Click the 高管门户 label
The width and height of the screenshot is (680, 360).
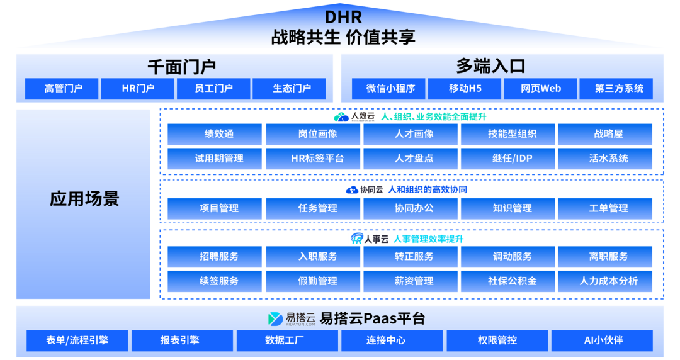tap(64, 89)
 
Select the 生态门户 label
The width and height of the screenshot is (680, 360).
tap(292, 89)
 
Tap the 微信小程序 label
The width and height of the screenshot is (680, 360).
tap(390, 89)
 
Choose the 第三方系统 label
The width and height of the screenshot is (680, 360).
tap(619, 89)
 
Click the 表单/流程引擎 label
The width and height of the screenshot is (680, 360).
tap(77, 340)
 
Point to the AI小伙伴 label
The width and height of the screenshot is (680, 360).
tap(603, 340)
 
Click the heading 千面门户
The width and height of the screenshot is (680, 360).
tap(182, 67)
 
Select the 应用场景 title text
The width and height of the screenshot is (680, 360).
tap(84, 200)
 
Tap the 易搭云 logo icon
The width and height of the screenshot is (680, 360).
tap(275, 319)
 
